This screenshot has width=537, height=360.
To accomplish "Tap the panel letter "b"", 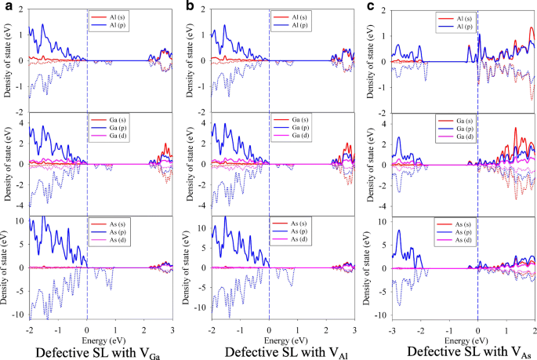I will [x=188, y=7].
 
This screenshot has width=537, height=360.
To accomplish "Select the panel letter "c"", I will [x=370, y=7].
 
